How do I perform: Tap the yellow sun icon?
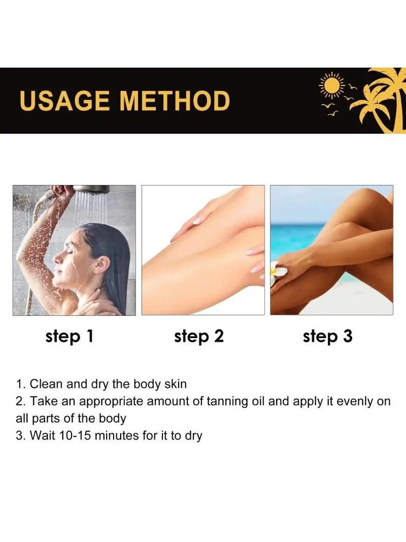point(332,85)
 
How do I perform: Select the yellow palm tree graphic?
point(379,100)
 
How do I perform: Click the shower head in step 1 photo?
point(91,189)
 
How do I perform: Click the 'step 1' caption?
point(69,336)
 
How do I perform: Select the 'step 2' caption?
point(199,336)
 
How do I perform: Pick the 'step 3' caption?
point(328,336)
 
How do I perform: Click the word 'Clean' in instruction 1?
point(46,384)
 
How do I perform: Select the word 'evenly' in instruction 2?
point(355,402)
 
